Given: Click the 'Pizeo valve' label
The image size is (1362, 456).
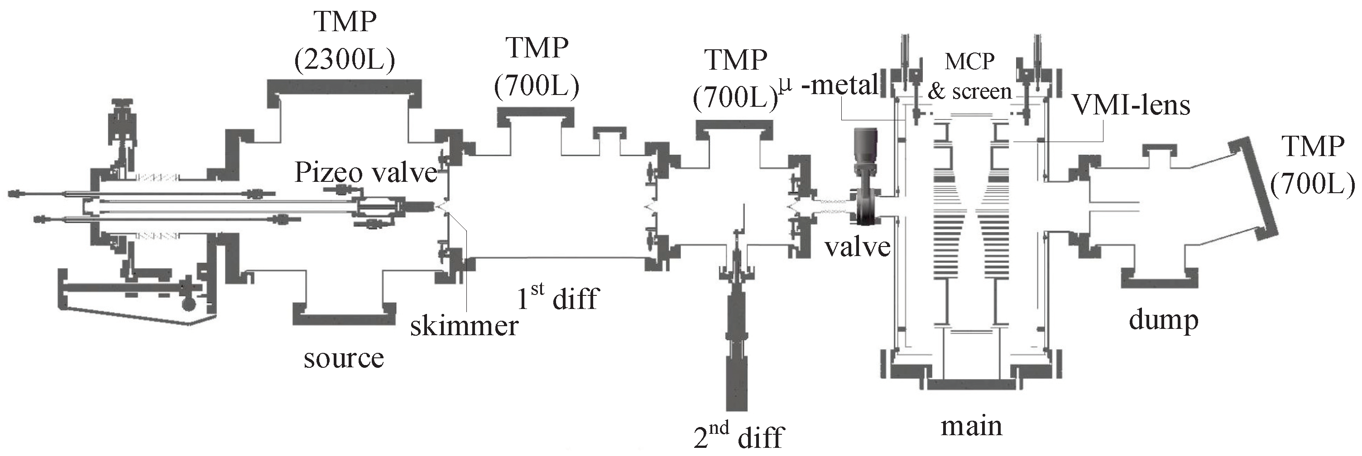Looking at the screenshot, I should click(x=365, y=173).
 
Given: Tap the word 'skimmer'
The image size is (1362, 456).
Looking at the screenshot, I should click(x=464, y=326).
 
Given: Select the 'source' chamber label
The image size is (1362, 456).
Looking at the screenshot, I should click(x=343, y=359).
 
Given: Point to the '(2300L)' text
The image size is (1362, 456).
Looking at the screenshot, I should click(x=345, y=61).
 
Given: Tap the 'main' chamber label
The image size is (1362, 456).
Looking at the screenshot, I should click(x=971, y=425).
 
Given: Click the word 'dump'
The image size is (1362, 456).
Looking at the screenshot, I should click(x=1163, y=320).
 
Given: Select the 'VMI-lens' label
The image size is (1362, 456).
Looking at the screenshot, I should click(x=1131, y=105).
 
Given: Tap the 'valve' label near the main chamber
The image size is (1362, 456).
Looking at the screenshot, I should click(x=858, y=247).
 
